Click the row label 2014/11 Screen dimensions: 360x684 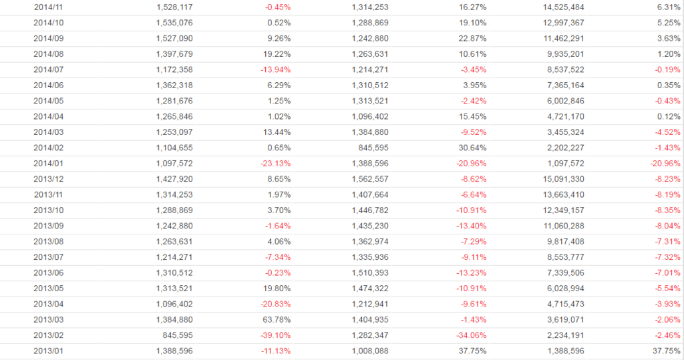click(x=47, y=7)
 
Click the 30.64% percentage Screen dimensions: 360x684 click(x=473, y=148)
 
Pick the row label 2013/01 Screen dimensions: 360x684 click(x=47, y=351)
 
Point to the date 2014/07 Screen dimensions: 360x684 click(x=47, y=69)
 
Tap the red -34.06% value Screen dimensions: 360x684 click(x=471, y=335)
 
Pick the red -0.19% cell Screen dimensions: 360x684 click(x=667, y=69)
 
